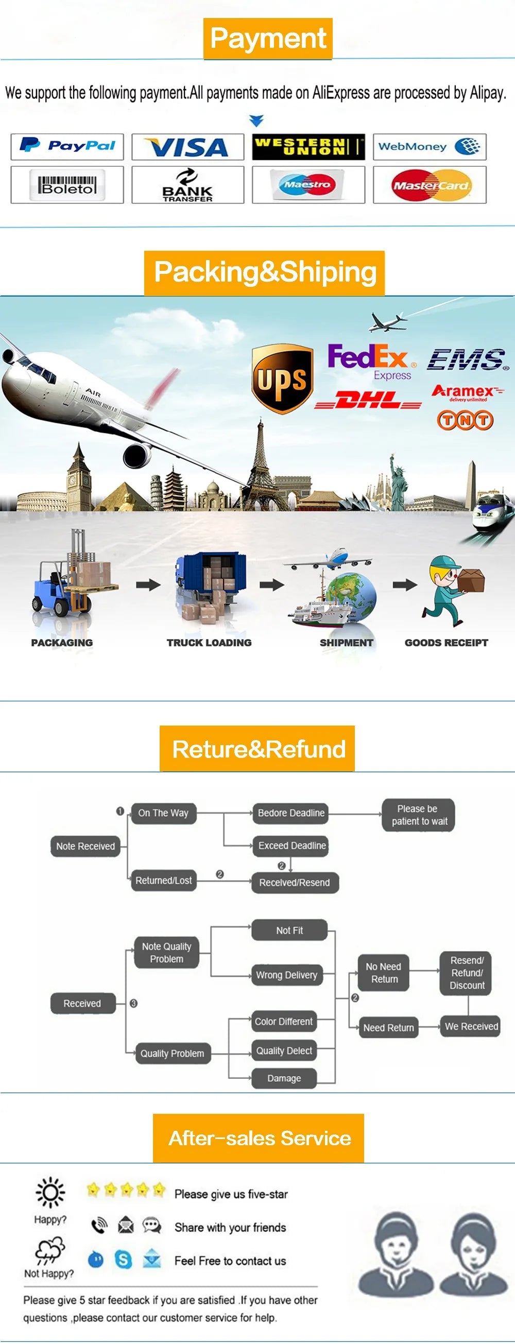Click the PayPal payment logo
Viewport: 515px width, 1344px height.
(x=67, y=146)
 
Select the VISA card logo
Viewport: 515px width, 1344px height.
(x=187, y=147)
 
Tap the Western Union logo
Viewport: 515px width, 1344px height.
(x=308, y=147)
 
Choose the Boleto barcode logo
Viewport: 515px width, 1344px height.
(x=67, y=185)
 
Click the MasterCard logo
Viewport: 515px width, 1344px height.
(x=430, y=185)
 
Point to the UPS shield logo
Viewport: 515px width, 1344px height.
(x=282, y=378)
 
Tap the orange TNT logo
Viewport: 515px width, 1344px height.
(x=465, y=420)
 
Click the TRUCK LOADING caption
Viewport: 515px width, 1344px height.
(x=209, y=643)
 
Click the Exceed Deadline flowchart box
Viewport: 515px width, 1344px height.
(x=291, y=846)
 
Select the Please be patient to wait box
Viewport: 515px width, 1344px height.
(x=419, y=815)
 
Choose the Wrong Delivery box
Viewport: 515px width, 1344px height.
(x=286, y=975)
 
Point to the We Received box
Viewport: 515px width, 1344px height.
(x=471, y=1026)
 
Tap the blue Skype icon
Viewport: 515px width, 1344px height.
(x=123, y=1260)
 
